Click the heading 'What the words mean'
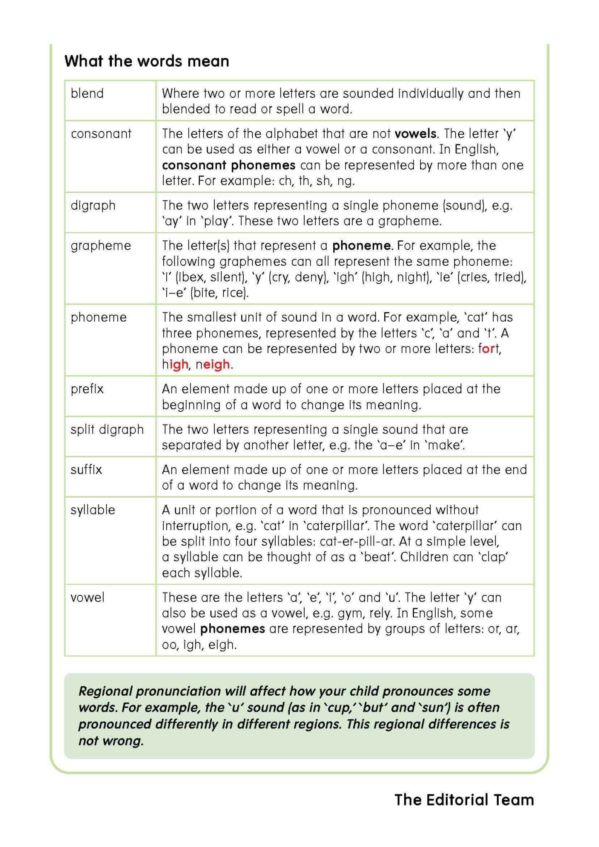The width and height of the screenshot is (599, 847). click(x=147, y=61)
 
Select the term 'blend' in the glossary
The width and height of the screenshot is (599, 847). click(x=87, y=93)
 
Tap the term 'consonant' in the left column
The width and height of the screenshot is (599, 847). click(x=101, y=133)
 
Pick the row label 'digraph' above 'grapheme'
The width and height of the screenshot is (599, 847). click(x=93, y=205)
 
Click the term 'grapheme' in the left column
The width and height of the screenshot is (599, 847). click(x=101, y=245)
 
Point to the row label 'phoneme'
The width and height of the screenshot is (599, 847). click(x=99, y=317)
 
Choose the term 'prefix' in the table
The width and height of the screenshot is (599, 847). click(x=87, y=389)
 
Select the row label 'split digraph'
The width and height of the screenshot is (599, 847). click(x=107, y=429)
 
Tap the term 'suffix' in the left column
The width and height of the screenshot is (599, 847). click(x=86, y=469)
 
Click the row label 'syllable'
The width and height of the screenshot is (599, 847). click(x=92, y=510)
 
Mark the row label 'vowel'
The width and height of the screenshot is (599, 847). click(x=87, y=597)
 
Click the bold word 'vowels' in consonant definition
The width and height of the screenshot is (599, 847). click(x=415, y=133)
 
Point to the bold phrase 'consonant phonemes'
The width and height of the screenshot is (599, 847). click(x=228, y=165)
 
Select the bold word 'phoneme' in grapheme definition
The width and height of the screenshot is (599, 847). click(x=361, y=245)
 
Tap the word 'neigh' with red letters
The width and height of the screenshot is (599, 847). click(x=212, y=364)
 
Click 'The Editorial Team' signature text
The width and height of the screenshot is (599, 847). click(x=464, y=800)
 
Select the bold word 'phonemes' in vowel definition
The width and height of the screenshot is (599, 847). click(x=232, y=629)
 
